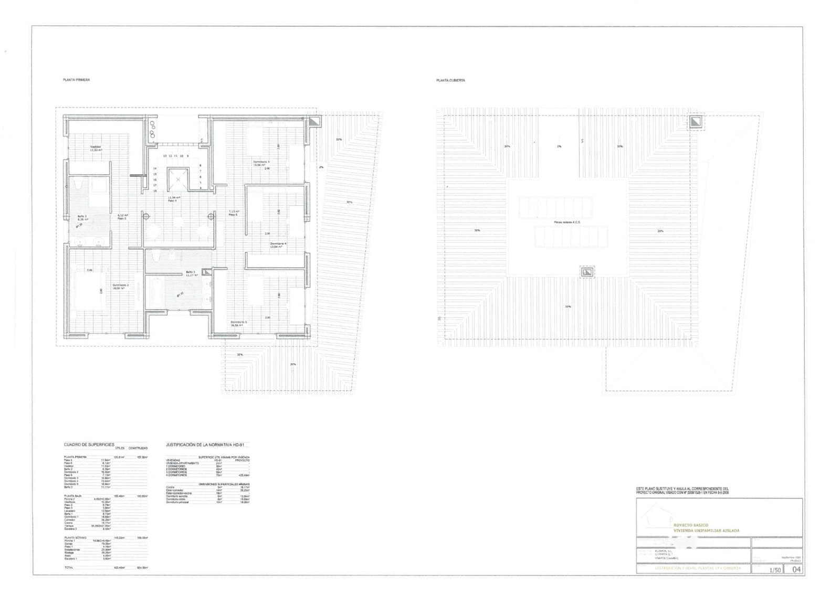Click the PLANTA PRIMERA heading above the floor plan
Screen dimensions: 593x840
[x=76, y=80]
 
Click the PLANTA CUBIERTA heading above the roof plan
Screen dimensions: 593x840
[x=450, y=80]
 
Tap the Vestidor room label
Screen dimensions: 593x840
[x=96, y=148]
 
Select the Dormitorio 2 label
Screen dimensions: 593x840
[x=120, y=286]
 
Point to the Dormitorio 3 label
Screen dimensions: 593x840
[x=261, y=163]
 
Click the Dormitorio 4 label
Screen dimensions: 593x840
[x=278, y=245]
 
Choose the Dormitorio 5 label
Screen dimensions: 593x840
[x=238, y=323]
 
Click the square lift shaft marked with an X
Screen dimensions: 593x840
[x=178, y=179]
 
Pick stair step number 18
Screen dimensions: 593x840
[x=155, y=190]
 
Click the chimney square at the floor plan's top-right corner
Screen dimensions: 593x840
[x=313, y=122]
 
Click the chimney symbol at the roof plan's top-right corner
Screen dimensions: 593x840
[x=696, y=123]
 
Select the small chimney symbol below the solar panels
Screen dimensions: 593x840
[x=587, y=272]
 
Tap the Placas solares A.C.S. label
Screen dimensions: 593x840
[x=567, y=223]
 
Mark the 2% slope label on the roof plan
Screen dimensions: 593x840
[x=559, y=146]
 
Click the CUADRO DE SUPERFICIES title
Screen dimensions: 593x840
[x=89, y=444]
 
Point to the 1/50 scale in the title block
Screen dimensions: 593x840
[x=774, y=570]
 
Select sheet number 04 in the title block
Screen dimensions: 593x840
[x=796, y=569]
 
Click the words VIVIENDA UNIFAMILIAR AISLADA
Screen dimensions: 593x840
[x=706, y=531]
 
